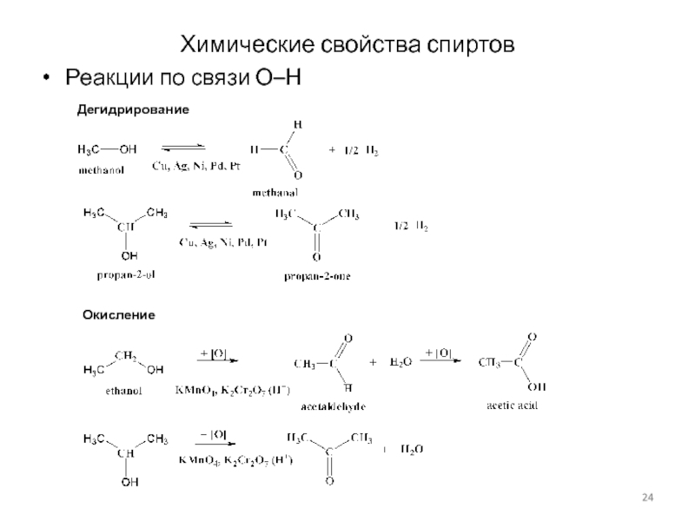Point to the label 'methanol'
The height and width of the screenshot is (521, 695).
(x=102, y=170)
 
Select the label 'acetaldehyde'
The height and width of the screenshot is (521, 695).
(x=333, y=406)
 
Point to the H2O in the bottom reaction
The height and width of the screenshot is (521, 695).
(x=412, y=449)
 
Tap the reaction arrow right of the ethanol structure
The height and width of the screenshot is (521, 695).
(x=215, y=359)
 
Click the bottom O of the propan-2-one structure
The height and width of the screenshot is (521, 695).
(x=316, y=258)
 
